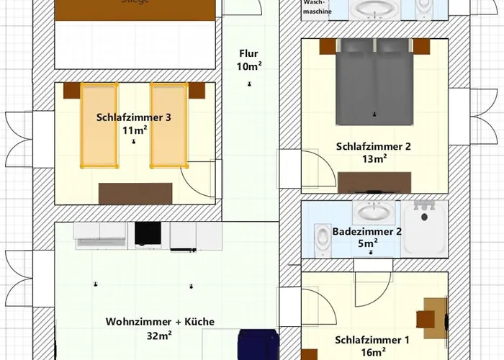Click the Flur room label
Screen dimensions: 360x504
click(249, 60)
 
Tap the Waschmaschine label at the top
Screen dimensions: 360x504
click(317, 8)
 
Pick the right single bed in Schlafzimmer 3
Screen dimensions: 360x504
click(168, 125)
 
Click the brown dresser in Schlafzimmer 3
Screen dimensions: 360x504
click(135, 193)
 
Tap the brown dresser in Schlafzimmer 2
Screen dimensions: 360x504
click(374, 182)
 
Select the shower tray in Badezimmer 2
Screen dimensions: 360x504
click(425, 228)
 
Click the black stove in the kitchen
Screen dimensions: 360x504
click(148, 233)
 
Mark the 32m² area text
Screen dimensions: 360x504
click(159, 335)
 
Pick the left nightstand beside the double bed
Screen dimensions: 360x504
click(328, 46)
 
